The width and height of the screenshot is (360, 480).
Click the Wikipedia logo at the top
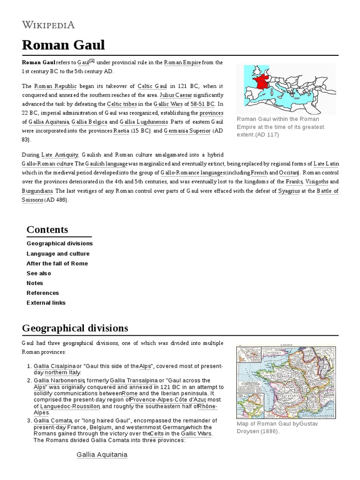[x=48, y=25]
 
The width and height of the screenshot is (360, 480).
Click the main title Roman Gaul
[x=63, y=45]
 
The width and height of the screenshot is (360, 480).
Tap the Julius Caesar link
[x=176, y=95]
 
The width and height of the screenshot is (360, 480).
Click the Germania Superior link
[x=187, y=131]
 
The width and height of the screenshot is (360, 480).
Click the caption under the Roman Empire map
[x=281, y=127]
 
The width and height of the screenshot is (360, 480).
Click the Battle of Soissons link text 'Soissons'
[x=32, y=200]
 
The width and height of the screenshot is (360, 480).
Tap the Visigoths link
[x=317, y=182]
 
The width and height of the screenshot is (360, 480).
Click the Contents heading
[x=47, y=229]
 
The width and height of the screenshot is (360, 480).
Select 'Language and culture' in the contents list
[x=58, y=254]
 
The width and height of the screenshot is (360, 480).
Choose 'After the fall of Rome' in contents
[x=57, y=263]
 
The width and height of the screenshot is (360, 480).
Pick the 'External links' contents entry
[x=46, y=303]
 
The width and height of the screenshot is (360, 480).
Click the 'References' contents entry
[x=43, y=293]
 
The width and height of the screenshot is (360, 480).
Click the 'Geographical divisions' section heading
[x=75, y=328]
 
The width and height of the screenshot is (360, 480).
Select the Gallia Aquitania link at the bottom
[x=102, y=454]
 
